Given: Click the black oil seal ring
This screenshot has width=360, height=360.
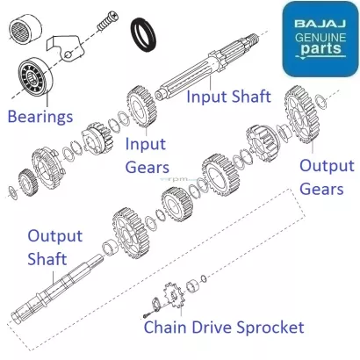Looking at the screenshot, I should point(145,35).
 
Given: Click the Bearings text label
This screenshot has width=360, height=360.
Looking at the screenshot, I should point(40,117).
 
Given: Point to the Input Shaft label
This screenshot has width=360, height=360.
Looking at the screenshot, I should point(228,96).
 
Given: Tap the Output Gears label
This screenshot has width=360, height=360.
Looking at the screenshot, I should point(327,176).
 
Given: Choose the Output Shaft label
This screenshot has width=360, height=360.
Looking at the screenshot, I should point(54,247).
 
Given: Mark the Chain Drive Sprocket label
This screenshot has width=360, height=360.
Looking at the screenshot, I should point(225,328).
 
